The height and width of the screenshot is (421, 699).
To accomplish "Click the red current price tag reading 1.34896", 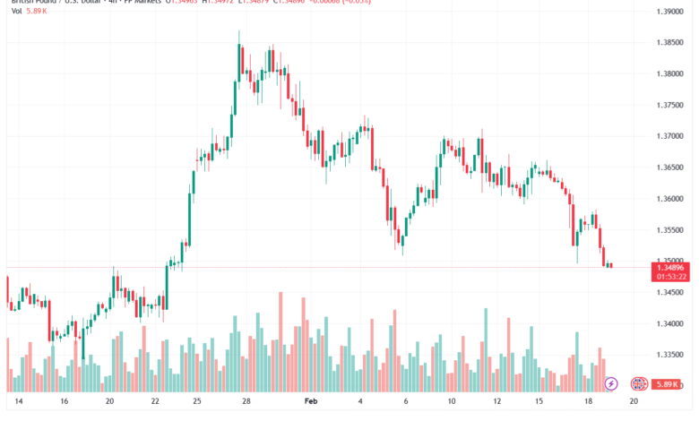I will point(671,267).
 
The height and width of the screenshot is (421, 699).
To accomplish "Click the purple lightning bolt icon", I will point(611,383).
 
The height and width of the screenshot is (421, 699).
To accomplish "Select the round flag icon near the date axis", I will point(640,383).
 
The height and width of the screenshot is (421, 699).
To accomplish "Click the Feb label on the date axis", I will point(310,403).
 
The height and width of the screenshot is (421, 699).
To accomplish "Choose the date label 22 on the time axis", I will point(155,403).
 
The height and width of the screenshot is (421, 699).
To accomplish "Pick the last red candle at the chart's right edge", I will point(610,265).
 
